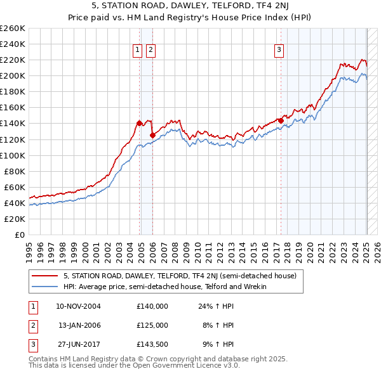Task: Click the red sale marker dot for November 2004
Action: point(139,123)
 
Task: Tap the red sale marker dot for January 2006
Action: point(152,135)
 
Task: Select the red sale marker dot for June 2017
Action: point(281,120)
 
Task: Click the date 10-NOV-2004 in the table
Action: point(79,306)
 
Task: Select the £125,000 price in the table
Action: point(152,325)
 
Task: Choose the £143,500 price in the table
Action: point(152,344)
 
